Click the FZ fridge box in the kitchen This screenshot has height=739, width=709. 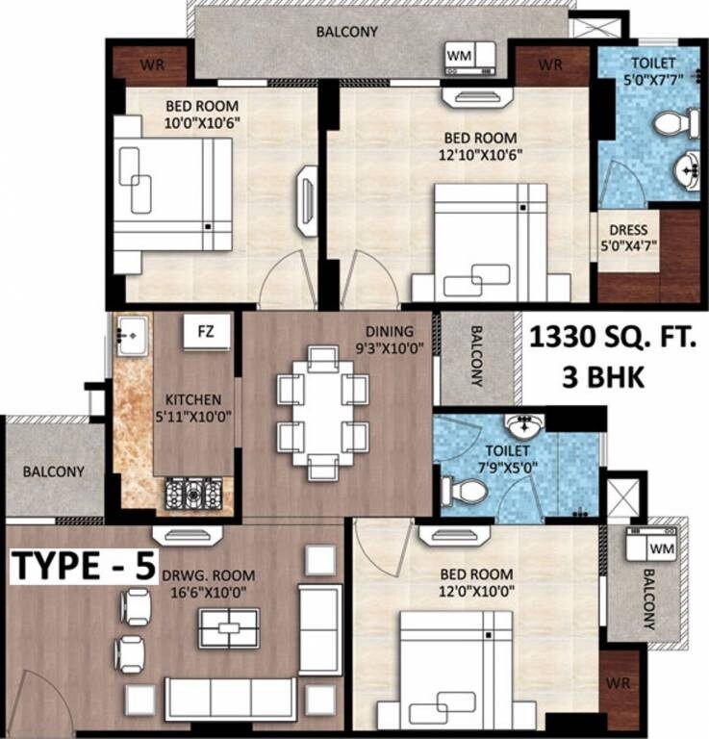coord(206,332)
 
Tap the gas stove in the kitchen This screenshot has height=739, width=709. coord(194,493)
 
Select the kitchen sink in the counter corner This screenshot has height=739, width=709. coord(130,334)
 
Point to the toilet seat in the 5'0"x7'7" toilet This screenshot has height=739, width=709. coord(676,122)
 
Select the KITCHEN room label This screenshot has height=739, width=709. coord(193,399)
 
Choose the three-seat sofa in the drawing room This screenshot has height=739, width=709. coord(230,697)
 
